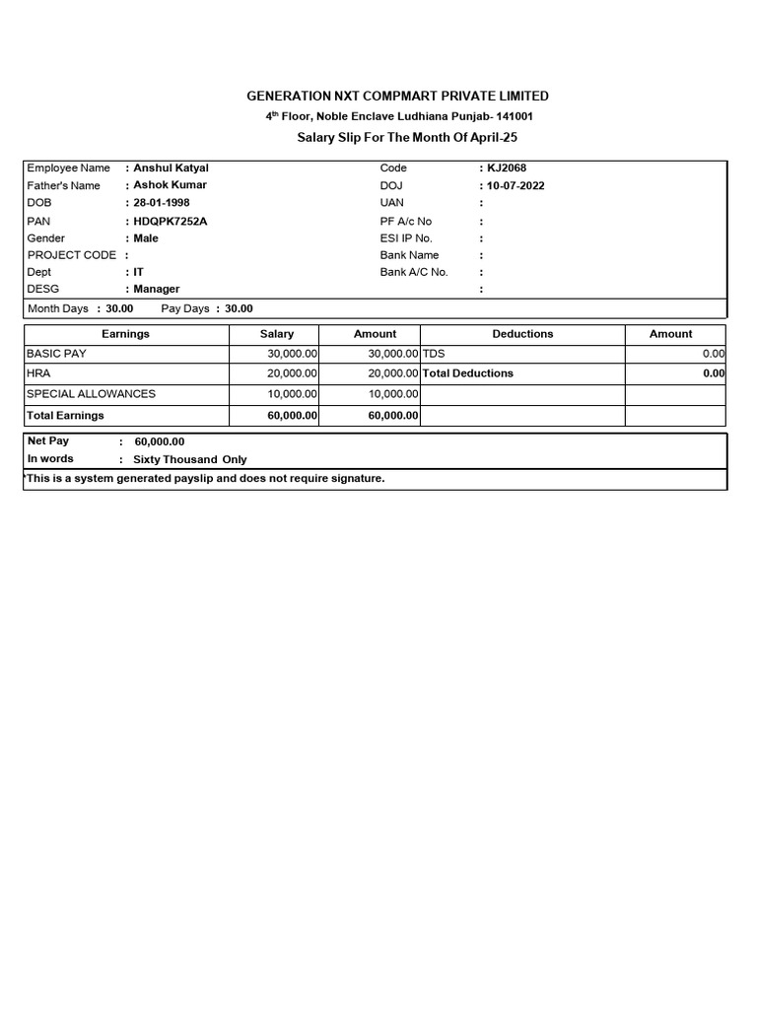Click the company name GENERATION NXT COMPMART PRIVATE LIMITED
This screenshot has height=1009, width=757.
pyautogui.click(x=397, y=96)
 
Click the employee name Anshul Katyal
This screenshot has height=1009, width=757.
pyautogui.click(x=171, y=168)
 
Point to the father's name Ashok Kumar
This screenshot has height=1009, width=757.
pyautogui.click(x=170, y=185)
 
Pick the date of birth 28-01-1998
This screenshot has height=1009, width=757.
pyautogui.click(x=162, y=203)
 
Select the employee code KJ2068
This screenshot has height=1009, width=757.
pyautogui.click(x=507, y=168)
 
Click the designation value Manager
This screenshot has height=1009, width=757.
pyautogui.click(x=156, y=289)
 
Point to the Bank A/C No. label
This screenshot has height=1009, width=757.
pyautogui.click(x=414, y=272)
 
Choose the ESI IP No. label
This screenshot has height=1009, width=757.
pyautogui.click(x=406, y=238)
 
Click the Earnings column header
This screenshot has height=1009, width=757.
pyautogui.click(x=125, y=334)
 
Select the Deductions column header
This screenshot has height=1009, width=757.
pyautogui.click(x=522, y=334)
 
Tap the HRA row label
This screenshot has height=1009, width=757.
pyautogui.click(x=37, y=373)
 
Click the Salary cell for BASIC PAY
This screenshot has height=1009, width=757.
pyautogui.click(x=292, y=354)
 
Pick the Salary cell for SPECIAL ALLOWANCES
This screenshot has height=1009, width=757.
pyautogui.click(x=292, y=394)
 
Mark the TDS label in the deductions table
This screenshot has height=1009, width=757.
pyautogui.click(x=435, y=354)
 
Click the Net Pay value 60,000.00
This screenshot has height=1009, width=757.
pyautogui.click(x=160, y=442)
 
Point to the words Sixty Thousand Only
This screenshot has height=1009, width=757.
pyautogui.click(x=190, y=459)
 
